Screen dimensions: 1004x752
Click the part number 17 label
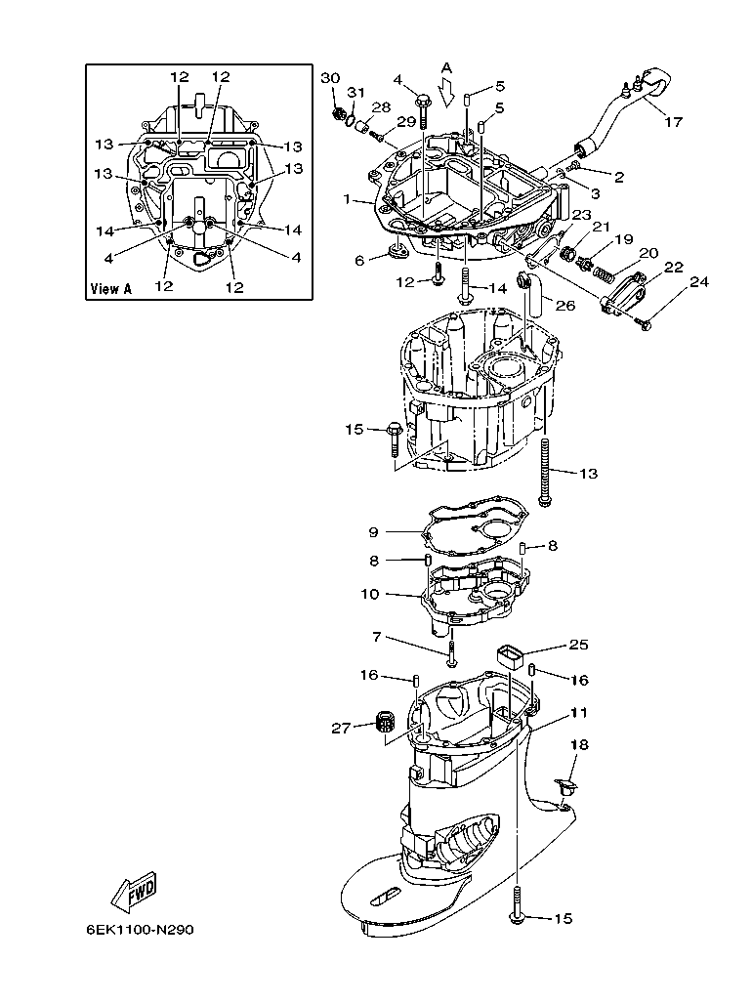click(x=673, y=122)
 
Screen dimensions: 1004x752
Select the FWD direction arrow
click(x=134, y=891)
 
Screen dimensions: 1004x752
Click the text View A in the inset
click(x=110, y=289)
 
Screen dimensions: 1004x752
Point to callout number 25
click(x=579, y=645)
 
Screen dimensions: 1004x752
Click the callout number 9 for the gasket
click(x=373, y=532)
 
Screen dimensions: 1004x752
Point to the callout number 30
click(x=330, y=77)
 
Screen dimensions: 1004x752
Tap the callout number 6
click(x=359, y=260)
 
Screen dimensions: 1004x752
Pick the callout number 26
click(x=565, y=305)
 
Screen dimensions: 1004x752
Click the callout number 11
click(x=579, y=714)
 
